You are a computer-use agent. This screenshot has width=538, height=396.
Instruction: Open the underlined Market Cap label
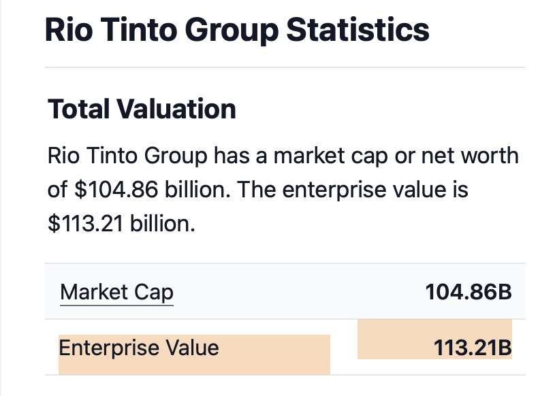point(116,293)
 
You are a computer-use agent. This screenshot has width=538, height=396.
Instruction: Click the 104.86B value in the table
point(468,293)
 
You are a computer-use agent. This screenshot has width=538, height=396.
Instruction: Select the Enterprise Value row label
point(139,348)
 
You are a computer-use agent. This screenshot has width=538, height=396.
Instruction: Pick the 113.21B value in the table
point(472,348)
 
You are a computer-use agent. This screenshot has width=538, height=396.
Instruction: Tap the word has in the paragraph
point(233,156)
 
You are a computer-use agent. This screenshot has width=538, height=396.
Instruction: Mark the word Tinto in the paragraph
point(112,156)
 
